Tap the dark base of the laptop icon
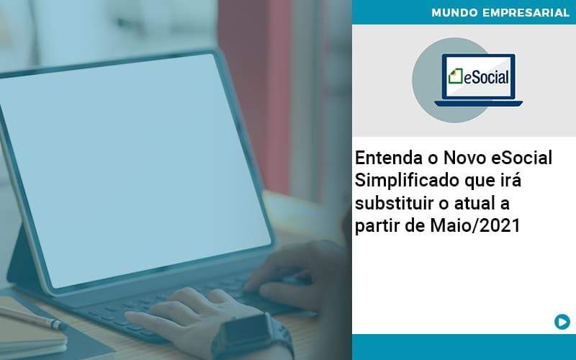click(x=478, y=103)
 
